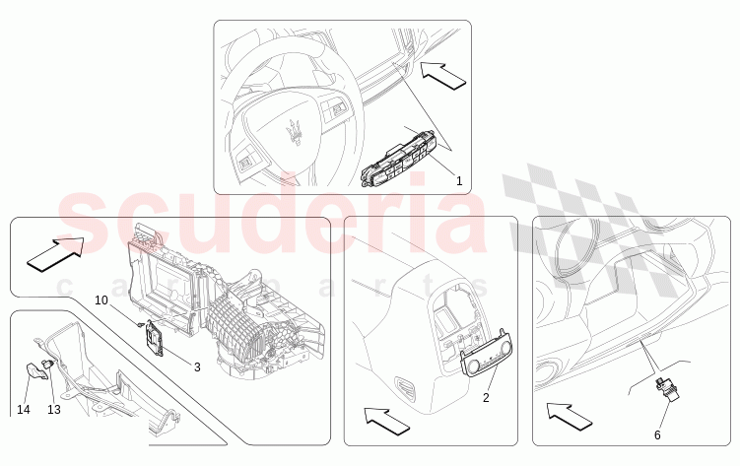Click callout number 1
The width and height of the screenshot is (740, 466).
point(459,180)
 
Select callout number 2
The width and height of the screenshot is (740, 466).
point(486,398)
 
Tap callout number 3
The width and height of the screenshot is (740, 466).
point(197,366)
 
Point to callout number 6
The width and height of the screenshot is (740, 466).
point(657,435)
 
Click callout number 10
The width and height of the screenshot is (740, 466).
point(101,300)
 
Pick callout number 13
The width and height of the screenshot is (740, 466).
point(54,410)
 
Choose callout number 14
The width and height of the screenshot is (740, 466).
point(23,410)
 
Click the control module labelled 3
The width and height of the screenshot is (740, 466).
point(156,338)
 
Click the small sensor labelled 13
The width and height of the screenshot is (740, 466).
point(48,365)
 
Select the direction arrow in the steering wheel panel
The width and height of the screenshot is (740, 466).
point(443,75)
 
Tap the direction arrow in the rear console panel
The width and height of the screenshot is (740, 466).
point(387,422)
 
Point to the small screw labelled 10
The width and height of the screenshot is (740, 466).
point(140,324)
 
